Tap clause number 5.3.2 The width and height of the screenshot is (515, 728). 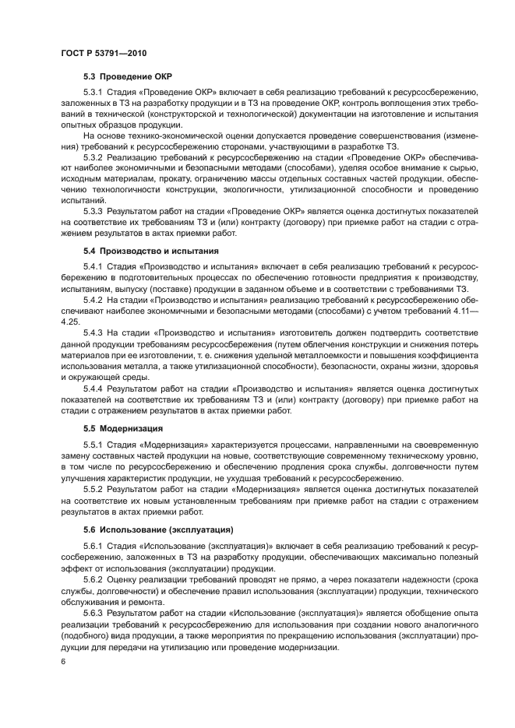tap(95, 156)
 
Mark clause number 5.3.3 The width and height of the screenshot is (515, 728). tap(95, 210)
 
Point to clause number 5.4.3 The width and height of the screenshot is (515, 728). tap(95, 332)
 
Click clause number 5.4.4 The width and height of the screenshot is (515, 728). tap(95, 387)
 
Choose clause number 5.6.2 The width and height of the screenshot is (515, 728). tap(95, 580)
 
